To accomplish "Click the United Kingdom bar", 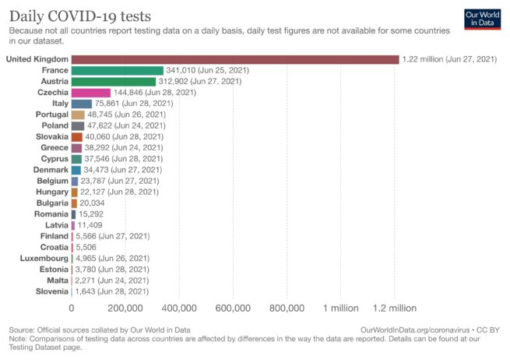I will click(x=234, y=59).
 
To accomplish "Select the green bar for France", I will click(x=117, y=70).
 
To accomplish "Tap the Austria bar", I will click(x=113, y=81).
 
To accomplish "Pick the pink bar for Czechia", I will click(x=90, y=92).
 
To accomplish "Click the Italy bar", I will click(x=81, y=104).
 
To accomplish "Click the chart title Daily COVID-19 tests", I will click(x=80, y=16).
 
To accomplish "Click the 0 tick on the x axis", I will click(x=72, y=308).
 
